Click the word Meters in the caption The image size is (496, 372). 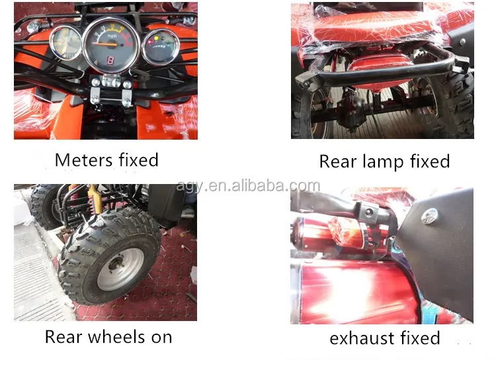[84, 160]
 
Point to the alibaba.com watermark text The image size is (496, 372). [248, 186]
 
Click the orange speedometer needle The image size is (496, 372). [105, 44]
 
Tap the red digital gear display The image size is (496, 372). [110, 60]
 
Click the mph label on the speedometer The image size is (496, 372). [112, 36]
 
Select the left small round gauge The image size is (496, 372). [66, 43]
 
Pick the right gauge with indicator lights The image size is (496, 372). [161, 47]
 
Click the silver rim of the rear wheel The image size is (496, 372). [120, 269]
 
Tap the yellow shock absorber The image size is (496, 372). [93, 199]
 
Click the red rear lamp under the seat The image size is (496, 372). [379, 70]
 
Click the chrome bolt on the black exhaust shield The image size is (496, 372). [430, 216]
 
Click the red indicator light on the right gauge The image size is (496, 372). [150, 42]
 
